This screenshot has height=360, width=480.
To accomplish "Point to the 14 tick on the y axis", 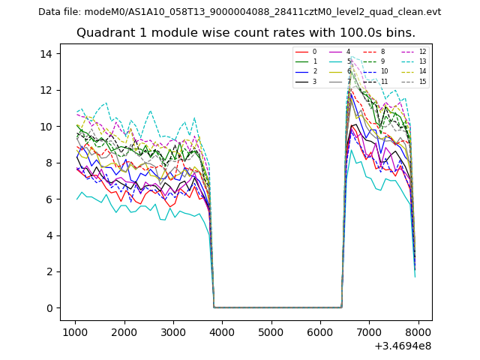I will pyautogui.click(x=45, y=53).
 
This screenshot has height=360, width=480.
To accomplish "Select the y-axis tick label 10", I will pyautogui.click(x=45, y=126).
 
